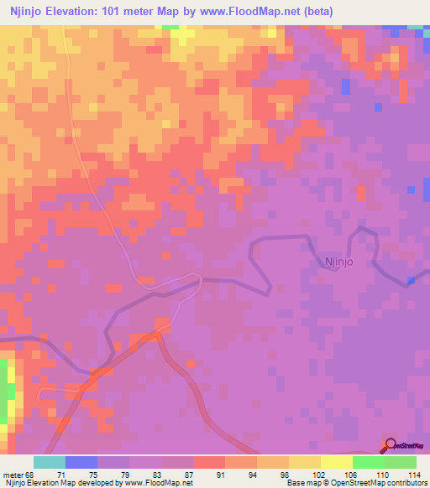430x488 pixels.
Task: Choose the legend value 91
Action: coord(221,474)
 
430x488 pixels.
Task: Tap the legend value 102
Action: coord(317,474)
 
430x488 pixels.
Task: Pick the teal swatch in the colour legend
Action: coord(50,462)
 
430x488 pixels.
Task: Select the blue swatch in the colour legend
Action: coord(81,462)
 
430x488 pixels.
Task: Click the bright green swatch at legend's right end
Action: coord(400,462)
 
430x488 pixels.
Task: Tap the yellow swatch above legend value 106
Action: coord(336,462)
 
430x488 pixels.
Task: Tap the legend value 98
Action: coord(285,474)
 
